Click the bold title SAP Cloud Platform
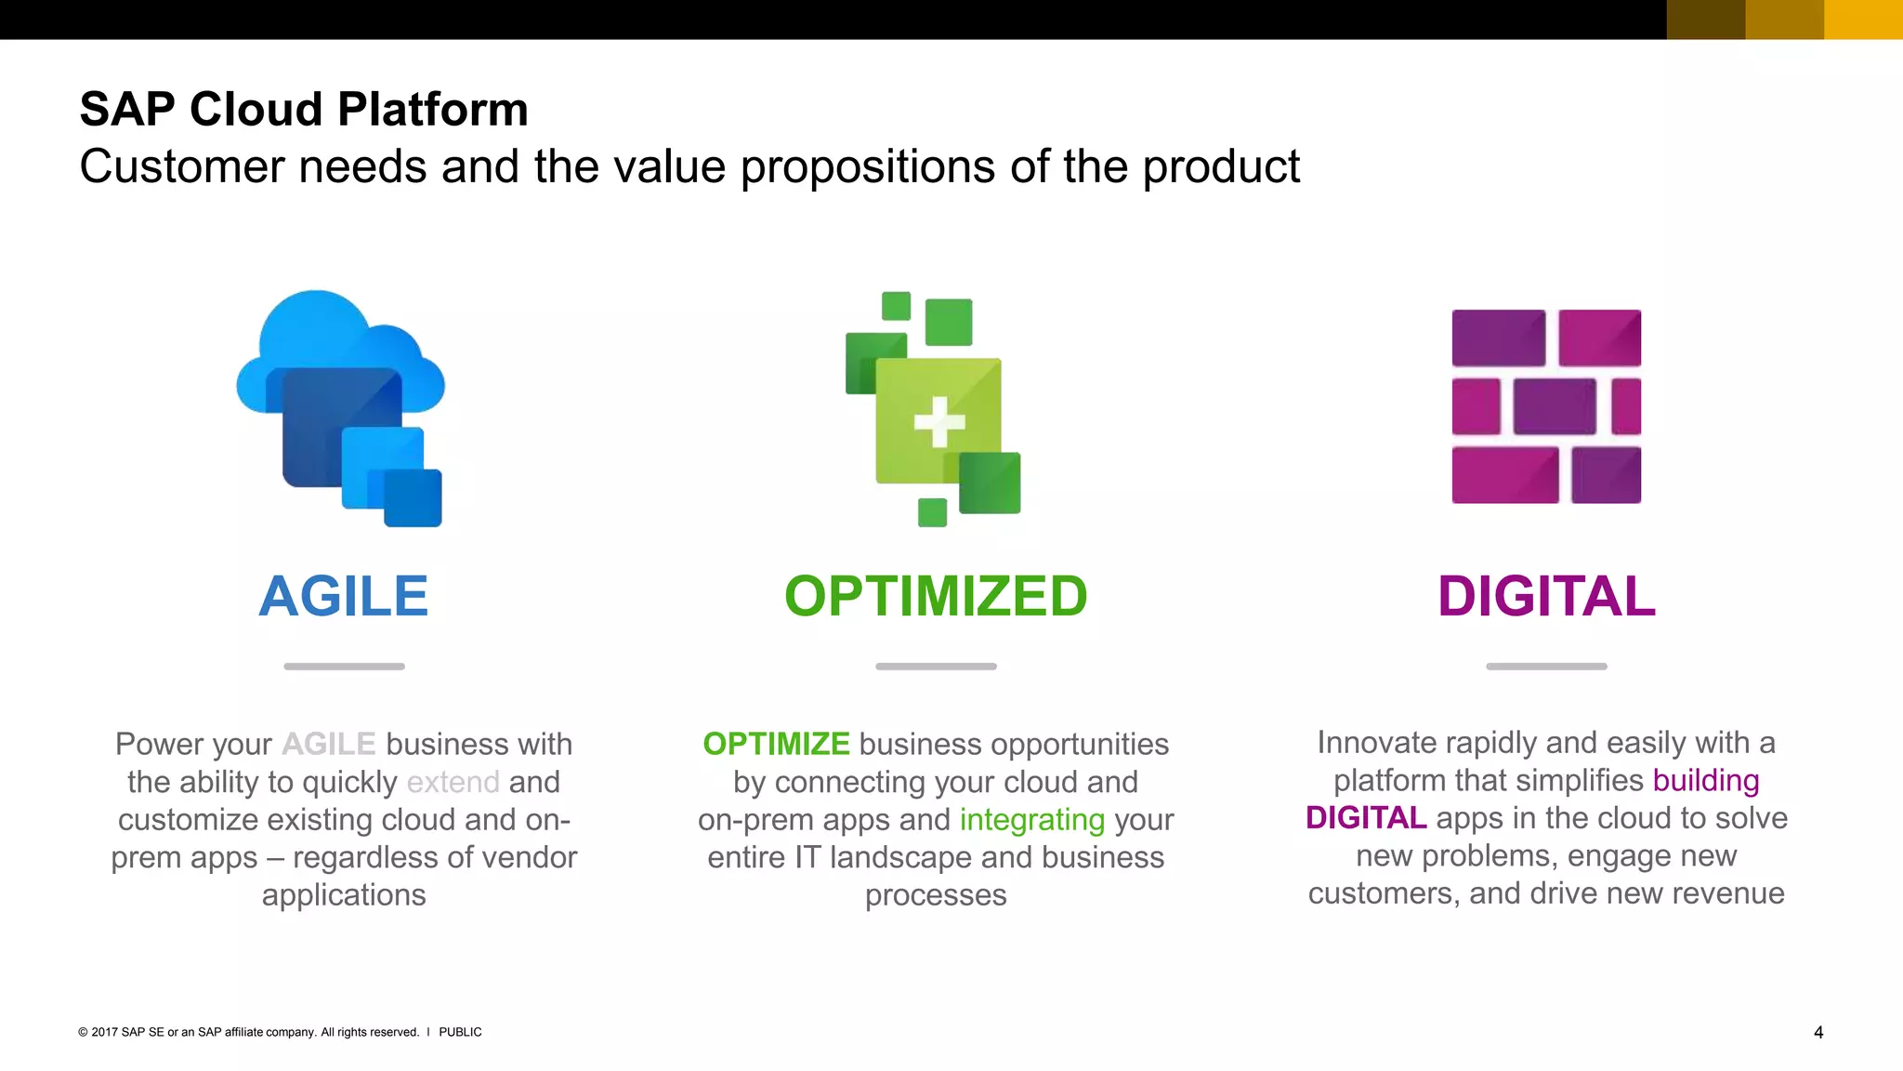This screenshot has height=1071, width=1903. pos(304,109)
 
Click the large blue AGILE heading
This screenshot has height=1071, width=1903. pos(344,596)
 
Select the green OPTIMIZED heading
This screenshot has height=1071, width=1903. pos(936,596)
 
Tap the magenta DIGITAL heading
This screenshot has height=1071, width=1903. pos(1546,596)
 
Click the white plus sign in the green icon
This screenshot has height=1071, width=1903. pos(938,421)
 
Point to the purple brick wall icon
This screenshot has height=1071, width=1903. pos(1546,406)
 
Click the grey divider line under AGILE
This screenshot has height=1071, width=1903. pos(344,667)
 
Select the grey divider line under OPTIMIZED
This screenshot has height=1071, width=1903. pos(936,667)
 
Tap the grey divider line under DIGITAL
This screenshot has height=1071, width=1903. pos(1546,667)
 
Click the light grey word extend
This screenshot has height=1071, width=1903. pos(453,783)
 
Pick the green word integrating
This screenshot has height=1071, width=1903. pos(1032,820)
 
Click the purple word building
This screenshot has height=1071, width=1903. pos(1706,781)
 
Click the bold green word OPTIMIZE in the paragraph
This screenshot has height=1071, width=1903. pos(776,744)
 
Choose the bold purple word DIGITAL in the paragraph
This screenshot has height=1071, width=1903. pos(1366,818)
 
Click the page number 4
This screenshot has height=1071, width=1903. pos(1818,1032)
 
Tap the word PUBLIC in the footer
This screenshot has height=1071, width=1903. pos(460,1032)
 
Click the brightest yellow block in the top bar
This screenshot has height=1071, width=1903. pos(1863,20)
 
